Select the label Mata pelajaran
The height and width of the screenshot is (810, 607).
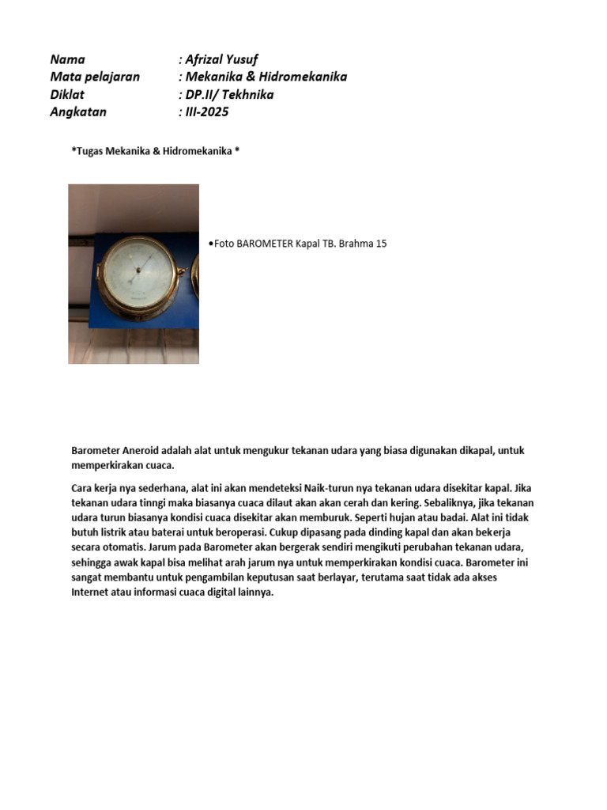pyautogui.click(x=95, y=77)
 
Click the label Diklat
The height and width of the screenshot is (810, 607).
pyautogui.click(x=66, y=94)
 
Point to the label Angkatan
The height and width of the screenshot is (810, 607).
pyautogui.click(x=77, y=112)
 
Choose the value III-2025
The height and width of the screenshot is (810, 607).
pyautogui.click(x=207, y=112)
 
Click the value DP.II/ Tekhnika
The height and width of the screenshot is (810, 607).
pyautogui.click(x=229, y=94)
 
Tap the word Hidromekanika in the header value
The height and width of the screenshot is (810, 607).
pyautogui.click(x=304, y=77)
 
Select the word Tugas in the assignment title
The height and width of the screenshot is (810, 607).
pyautogui.click(x=90, y=150)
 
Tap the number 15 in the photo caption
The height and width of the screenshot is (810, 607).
pyautogui.click(x=381, y=244)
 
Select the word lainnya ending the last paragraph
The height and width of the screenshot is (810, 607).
pyautogui.click(x=254, y=592)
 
